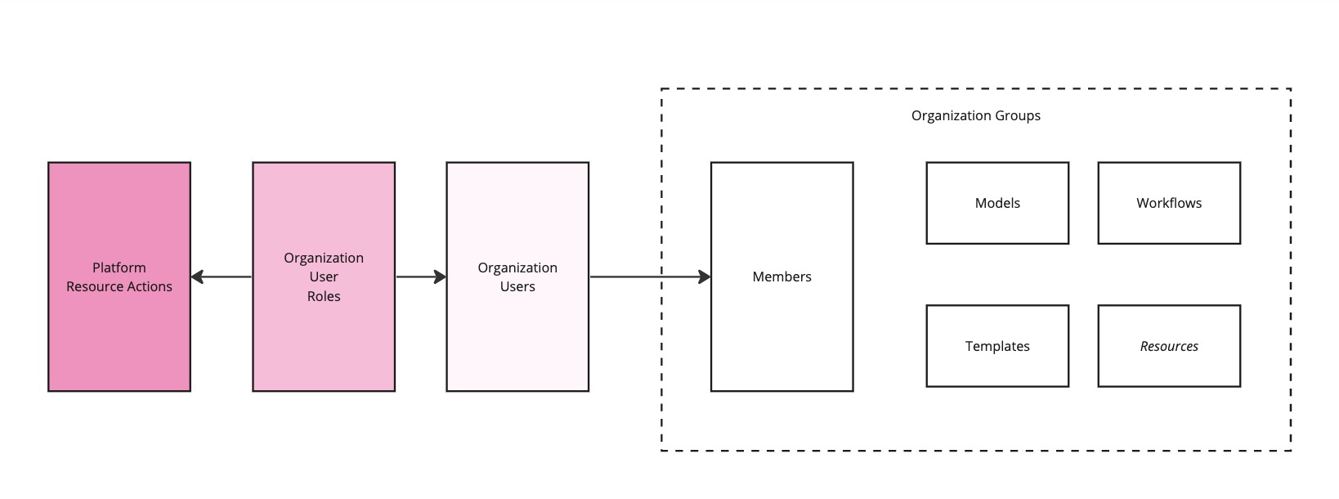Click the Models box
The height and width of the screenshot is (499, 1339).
pyautogui.click(x=997, y=204)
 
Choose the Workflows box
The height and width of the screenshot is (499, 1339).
pyautogui.click(x=1169, y=204)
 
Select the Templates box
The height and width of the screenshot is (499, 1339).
pyautogui.click(x=997, y=346)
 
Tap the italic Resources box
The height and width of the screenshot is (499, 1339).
pyautogui.click(x=1169, y=346)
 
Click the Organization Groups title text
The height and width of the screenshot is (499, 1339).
pyautogui.click(x=975, y=115)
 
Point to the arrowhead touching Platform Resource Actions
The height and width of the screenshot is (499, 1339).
pyautogui.click(x=197, y=277)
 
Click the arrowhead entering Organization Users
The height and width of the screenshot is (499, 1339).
pyautogui.click(x=440, y=277)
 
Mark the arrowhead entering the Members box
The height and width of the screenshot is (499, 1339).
pyautogui.click(x=705, y=277)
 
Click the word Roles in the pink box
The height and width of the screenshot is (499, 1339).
pyautogui.click(x=324, y=296)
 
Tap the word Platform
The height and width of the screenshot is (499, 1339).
pyautogui.click(x=119, y=267)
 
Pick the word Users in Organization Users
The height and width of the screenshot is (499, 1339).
pyautogui.click(x=517, y=286)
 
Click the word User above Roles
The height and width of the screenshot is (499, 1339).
pyautogui.click(x=324, y=276)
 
